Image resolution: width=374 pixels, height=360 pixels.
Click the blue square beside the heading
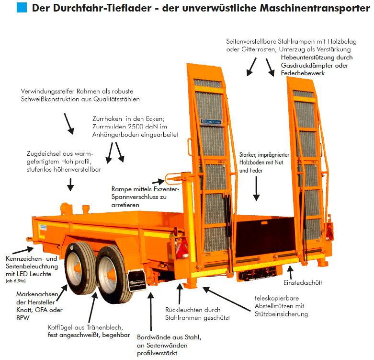coord(22,7)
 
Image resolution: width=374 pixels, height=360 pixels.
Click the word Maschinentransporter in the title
coord(315,8)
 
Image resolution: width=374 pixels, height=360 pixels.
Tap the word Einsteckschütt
coord(303,283)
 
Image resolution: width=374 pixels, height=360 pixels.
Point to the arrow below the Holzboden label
coord(256,188)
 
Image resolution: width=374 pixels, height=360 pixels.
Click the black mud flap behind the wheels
coord(137,280)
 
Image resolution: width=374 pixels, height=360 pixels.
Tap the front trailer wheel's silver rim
coord(75,269)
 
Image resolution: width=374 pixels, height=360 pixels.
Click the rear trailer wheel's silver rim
coord(107,275)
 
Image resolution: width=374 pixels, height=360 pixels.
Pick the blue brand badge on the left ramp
coord(211,122)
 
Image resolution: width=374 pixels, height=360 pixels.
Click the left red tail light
coord(182,248)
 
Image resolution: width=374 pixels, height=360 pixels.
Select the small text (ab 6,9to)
coord(15,281)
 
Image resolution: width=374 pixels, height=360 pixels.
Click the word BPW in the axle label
coord(23,318)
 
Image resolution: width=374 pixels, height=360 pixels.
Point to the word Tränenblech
coord(104,327)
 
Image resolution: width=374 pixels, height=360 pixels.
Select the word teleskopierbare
coord(277,299)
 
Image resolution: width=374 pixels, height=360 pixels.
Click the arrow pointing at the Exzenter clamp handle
coord(159,181)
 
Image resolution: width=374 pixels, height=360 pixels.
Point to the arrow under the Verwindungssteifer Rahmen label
coord(69,124)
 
